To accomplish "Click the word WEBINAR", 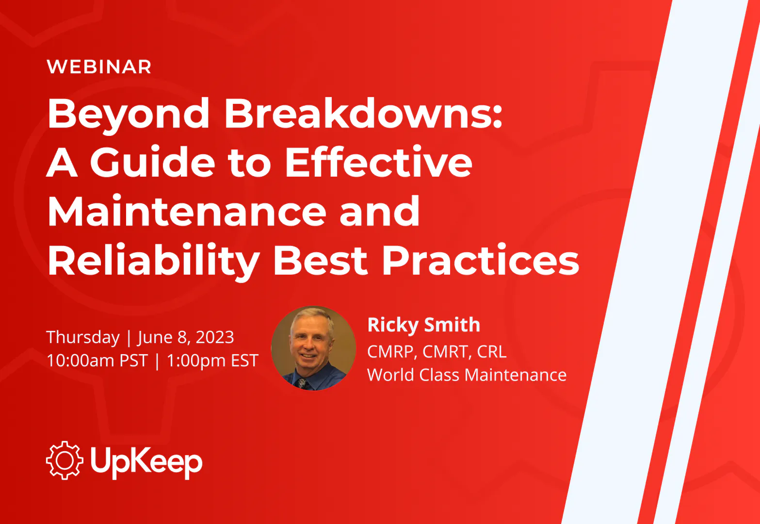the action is (x=99, y=67).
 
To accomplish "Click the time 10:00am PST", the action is (x=97, y=360).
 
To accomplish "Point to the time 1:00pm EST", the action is (x=213, y=361).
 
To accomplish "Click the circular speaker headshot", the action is (x=313, y=348).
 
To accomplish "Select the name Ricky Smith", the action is (x=424, y=326).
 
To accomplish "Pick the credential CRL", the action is (x=492, y=352).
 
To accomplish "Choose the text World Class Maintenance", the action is (x=467, y=376).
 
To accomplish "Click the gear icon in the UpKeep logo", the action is (x=65, y=460).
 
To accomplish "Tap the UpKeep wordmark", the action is (x=146, y=462).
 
